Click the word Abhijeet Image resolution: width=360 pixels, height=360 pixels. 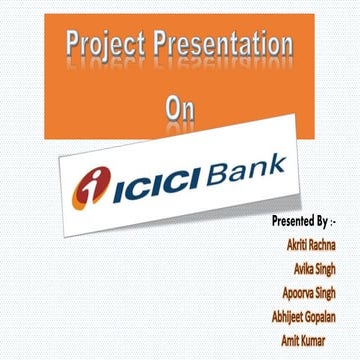pyautogui.click(x=280, y=317)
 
